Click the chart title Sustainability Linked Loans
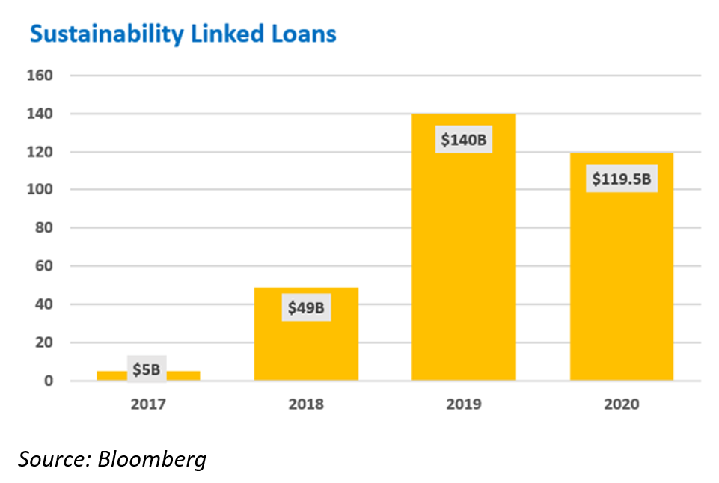[x=183, y=34]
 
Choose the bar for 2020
[x=621, y=284]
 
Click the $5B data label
[x=147, y=369]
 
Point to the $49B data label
[x=307, y=307]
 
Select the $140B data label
[x=464, y=139]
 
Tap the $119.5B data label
[x=621, y=179]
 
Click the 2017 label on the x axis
[x=147, y=404]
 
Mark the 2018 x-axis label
[x=306, y=404]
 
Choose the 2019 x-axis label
[x=463, y=404]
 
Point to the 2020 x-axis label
[x=621, y=404]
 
